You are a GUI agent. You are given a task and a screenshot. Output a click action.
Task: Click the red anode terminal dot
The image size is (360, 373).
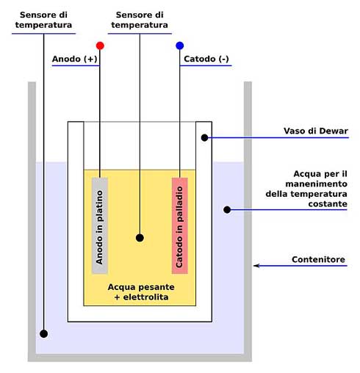pos(100,46)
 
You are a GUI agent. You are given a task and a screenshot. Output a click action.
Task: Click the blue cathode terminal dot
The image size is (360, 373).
pos(180,46)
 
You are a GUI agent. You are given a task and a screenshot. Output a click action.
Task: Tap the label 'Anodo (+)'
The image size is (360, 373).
pos(75,59)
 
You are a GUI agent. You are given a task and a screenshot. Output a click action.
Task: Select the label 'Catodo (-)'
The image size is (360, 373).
pos(206,59)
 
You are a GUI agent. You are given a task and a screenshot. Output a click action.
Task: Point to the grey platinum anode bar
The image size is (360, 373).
pos(100,225)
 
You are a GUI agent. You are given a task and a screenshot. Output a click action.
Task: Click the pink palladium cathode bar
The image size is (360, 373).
pos(180,225)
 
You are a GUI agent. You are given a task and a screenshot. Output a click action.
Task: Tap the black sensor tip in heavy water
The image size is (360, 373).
pos(140,238)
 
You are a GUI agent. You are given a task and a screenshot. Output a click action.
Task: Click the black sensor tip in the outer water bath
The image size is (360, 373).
pos(43,333)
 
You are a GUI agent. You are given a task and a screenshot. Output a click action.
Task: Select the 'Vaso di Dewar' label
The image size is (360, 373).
pos(316,131)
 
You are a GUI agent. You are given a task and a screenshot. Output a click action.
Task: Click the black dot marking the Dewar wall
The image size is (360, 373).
pos(204,138)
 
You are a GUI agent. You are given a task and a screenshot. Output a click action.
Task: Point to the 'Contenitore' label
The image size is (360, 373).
pos(318,259)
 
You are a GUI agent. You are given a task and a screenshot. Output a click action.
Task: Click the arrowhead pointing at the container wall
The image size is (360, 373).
pos(256,266)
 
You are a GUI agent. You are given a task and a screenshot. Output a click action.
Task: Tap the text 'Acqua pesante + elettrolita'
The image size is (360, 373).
pos(141,292)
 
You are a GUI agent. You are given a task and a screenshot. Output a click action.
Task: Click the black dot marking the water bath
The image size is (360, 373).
pos(227,210)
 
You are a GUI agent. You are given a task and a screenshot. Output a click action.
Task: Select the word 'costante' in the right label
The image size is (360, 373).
pos(328,204)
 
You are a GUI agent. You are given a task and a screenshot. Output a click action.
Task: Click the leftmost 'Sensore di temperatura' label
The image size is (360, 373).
pos(43,20)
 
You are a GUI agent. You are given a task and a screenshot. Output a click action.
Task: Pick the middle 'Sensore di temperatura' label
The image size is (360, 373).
pos(140,20)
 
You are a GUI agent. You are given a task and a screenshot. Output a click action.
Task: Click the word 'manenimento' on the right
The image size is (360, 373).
pos(317,184)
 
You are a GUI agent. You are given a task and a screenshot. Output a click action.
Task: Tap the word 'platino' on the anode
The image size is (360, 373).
pos(100,206)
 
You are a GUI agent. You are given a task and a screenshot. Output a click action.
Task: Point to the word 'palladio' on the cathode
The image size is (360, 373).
pos(180,204)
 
